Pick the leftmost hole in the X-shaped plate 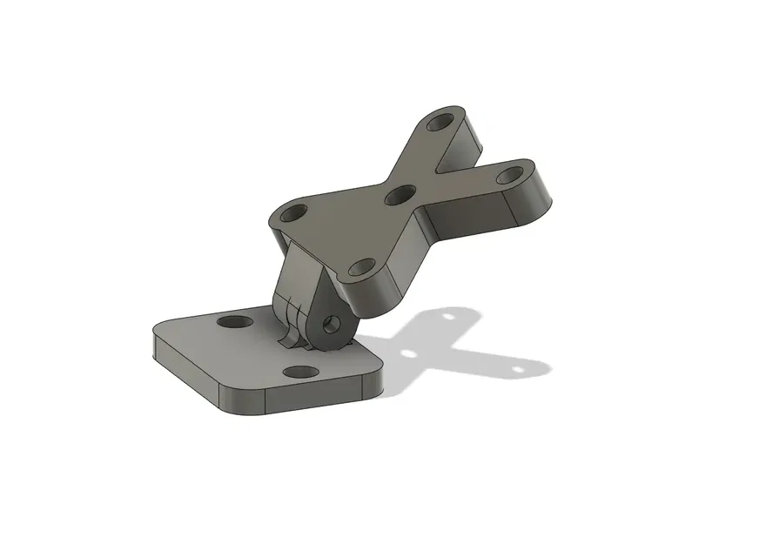pos(296,212)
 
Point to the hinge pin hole pos(330,324)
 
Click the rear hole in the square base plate pos(232,322)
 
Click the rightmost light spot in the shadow pos(520,369)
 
